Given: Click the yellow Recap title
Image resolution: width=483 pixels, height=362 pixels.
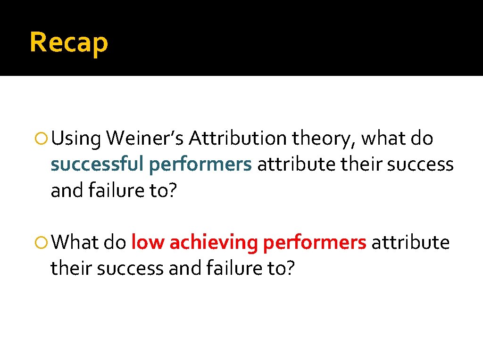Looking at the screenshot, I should tap(69, 42).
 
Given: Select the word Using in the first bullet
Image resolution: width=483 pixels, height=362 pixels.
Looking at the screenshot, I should tap(76, 139).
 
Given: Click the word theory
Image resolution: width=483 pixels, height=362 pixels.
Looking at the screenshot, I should tap(325, 139).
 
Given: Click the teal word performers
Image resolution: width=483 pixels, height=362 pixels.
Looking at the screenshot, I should tap(201, 165).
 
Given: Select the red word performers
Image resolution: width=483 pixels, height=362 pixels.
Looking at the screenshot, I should tap(315, 243).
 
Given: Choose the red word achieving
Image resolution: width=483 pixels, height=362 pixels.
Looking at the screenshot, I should tap(214, 243).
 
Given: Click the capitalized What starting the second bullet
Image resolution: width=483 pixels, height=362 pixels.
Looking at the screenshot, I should tap(75, 243).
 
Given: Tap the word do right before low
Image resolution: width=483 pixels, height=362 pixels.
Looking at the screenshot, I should tap(115, 243).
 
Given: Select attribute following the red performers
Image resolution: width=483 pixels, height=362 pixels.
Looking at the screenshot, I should tap(410, 243).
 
